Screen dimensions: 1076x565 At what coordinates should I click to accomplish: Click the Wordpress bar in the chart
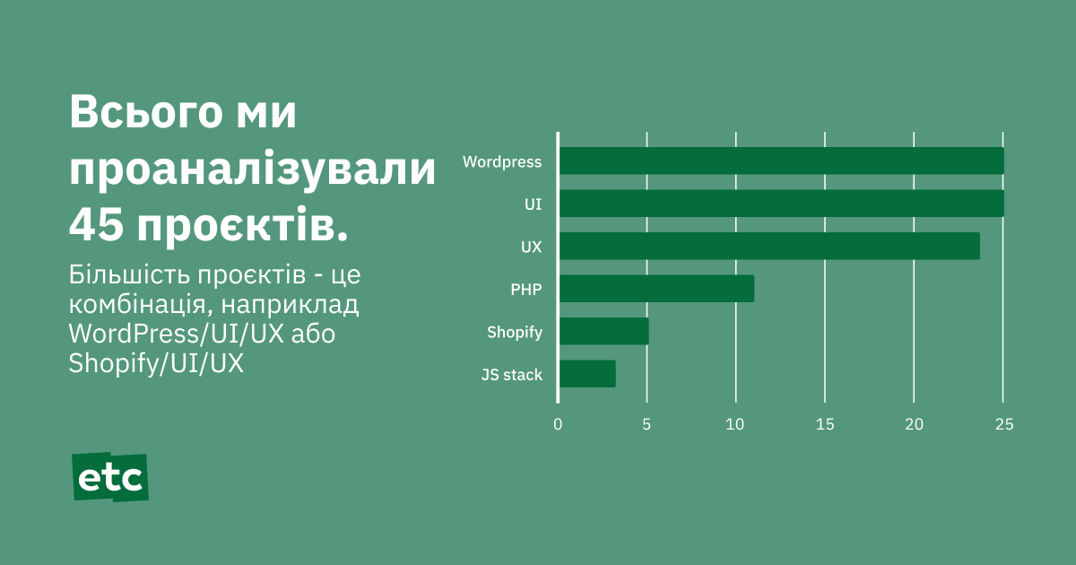782,161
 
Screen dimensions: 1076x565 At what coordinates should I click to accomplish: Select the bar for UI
782,204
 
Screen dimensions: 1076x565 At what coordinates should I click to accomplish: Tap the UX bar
769,246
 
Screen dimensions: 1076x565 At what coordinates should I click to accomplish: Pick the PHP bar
656,288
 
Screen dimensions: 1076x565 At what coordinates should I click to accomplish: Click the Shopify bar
603,331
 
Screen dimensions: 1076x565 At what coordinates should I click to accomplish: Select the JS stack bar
587,374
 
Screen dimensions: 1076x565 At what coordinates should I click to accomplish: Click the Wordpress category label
502,162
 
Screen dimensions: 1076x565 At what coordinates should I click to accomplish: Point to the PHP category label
526,289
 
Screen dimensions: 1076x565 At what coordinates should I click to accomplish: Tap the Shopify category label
515,333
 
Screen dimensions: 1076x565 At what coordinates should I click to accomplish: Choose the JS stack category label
512,375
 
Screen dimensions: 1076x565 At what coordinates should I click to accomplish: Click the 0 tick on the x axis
558,424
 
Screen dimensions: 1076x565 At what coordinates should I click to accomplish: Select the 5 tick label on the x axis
646,424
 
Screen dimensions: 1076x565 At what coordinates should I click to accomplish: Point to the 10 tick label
735,424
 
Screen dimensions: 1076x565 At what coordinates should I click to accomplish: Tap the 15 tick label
825,424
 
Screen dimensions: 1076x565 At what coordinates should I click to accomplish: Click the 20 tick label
914,424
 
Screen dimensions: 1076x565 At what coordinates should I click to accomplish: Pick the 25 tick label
1004,424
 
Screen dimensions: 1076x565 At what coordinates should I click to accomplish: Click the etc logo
110,477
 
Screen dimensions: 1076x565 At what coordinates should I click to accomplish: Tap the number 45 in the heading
96,225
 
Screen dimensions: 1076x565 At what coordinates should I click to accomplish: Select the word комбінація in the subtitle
138,305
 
